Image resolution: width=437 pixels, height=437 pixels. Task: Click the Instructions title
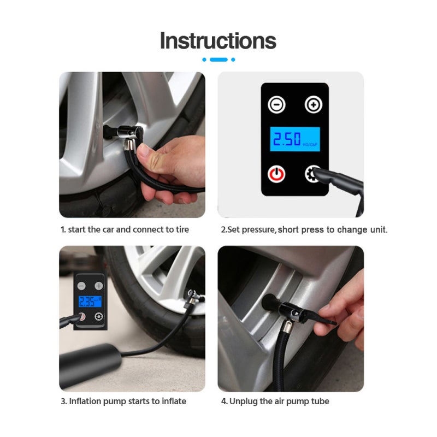(x=218, y=40)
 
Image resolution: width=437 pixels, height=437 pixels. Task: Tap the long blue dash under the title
(x=218, y=60)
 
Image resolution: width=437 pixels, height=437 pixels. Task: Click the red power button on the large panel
(x=276, y=174)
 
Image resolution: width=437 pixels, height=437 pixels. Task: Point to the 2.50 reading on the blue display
(x=287, y=139)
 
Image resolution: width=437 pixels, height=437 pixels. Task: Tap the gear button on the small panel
(x=99, y=317)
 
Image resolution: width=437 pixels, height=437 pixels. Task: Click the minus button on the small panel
(x=81, y=286)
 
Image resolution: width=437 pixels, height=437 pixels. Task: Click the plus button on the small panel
(x=99, y=286)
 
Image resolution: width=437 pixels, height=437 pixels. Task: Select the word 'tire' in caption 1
(x=182, y=229)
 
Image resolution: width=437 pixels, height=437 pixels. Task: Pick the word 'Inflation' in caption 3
(x=85, y=401)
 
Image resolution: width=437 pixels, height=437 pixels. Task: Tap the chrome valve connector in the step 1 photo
(x=130, y=134)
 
